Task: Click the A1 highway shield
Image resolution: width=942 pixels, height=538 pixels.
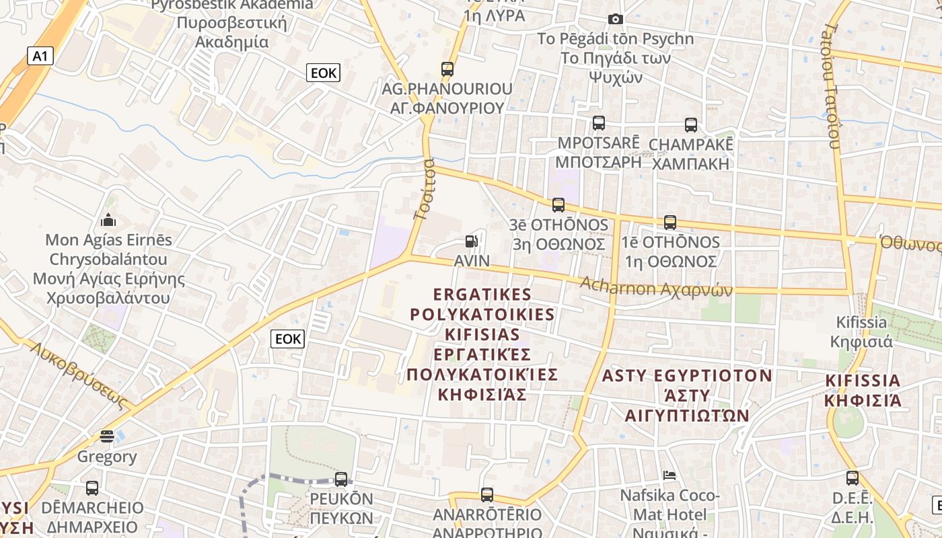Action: [x=40, y=55]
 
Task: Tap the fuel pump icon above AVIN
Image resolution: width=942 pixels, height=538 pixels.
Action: [x=472, y=241]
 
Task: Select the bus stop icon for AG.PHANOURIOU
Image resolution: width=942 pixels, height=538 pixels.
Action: [x=447, y=69]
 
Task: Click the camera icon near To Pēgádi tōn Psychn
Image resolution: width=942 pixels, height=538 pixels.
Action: [x=615, y=19]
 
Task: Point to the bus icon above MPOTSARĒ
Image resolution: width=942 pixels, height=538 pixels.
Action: [x=598, y=123]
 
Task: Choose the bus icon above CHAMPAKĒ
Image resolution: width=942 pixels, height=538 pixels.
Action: [x=691, y=124]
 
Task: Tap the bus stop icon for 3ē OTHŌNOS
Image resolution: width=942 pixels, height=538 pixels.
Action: [x=558, y=205]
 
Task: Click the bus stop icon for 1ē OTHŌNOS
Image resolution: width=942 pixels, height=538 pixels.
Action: [x=669, y=223]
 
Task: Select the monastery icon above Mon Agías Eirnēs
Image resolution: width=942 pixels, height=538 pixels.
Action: [x=108, y=220]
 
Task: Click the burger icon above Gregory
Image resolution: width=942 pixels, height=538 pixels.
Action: [x=106, y=436]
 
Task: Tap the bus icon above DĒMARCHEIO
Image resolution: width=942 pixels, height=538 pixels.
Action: [x=92, y=488]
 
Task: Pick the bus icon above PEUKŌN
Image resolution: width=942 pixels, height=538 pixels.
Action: [x=341, y=479]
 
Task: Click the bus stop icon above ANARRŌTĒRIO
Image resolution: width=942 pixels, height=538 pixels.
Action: [x=487, y=495]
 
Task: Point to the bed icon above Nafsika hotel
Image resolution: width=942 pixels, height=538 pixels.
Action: [x=669, y=475]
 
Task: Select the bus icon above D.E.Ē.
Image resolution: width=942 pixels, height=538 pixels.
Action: [x=852, y=478]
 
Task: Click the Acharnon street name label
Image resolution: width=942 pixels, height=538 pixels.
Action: [x=656, y=287]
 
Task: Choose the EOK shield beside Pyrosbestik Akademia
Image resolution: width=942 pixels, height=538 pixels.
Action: [x=323, y=73]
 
